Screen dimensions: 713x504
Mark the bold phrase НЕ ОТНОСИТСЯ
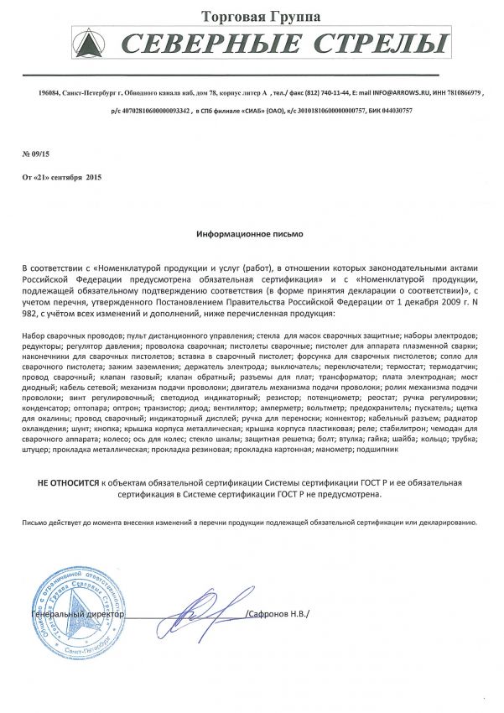(x=66, y=484)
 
